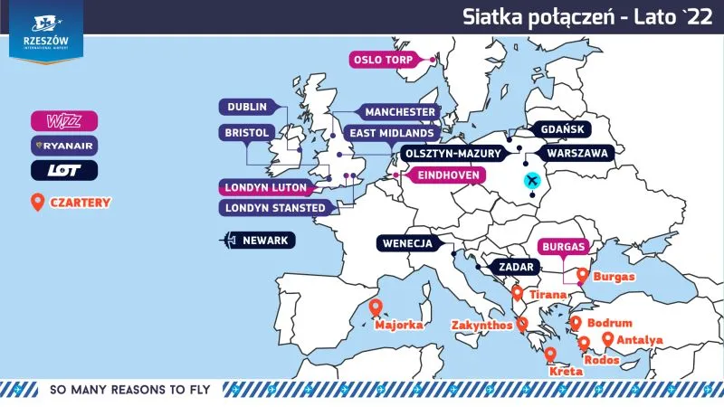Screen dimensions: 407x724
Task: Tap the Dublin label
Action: click(246, 107)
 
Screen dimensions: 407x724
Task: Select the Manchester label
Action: click(399, 112)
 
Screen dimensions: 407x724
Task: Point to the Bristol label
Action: click(245, 133)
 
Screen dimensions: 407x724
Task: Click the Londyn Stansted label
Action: click(275, 208)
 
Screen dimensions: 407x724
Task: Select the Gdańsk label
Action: click(563, 129)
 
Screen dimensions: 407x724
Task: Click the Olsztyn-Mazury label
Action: click(451, 154)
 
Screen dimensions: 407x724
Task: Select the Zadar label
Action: click(512, 268)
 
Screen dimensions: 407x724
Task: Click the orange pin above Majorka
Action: click(375, 308)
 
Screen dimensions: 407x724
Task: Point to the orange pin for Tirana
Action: click(517, 293)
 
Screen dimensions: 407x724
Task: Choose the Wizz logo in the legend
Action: click(63, 120)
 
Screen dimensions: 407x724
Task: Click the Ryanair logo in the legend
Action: click(63, 145)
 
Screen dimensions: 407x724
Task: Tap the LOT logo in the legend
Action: click(63, 169)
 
